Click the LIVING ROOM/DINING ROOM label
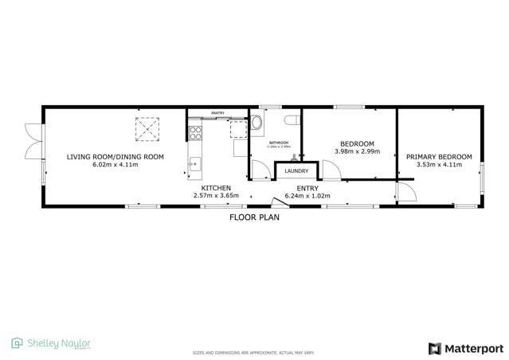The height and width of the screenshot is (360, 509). [x=116, y=157]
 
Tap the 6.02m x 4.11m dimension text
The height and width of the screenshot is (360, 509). [x=116, y=165]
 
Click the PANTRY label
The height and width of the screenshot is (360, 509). [x=217, y=114]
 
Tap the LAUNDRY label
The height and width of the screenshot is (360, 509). [x=296, y=171]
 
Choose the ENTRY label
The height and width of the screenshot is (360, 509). [x=307, y=188]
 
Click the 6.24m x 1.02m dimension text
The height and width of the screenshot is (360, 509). [x=307, y=195]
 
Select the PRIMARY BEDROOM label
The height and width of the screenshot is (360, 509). [x=439, y=157]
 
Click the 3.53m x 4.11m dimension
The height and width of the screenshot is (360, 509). [x=439, y=165]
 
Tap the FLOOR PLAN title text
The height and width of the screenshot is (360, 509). [x=254, y=217]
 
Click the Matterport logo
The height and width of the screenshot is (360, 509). [x=467, y=348]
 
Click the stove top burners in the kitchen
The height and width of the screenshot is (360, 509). [x=194, y=133]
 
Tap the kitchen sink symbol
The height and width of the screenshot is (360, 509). [x=194, y=165]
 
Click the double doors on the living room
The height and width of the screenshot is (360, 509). [x=31, y=142]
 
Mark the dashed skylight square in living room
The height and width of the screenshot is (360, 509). [x=147, y=129]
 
